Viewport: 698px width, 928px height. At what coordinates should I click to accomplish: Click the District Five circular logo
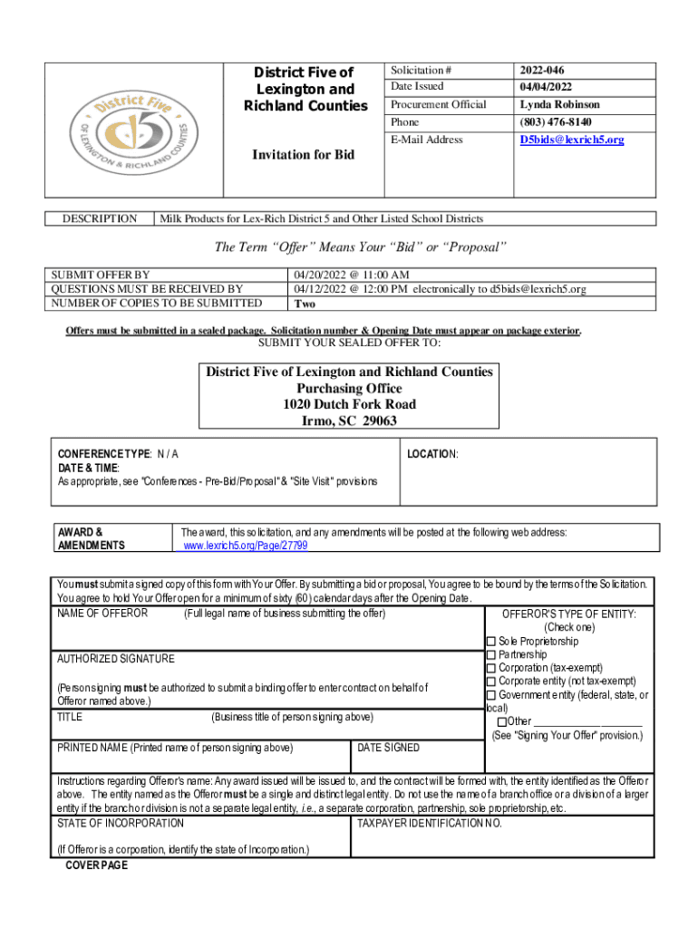(136, 130)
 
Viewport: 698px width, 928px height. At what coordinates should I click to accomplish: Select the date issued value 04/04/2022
(546, 86)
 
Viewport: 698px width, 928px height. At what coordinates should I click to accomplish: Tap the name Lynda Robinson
(559, 104)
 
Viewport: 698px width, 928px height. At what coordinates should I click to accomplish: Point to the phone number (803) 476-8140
(555, 121)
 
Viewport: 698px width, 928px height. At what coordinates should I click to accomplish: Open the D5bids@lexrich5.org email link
(571, 140)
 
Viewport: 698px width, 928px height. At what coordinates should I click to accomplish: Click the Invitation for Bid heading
(303, 155)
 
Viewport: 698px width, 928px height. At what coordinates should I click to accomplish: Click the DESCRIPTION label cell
(100, 218)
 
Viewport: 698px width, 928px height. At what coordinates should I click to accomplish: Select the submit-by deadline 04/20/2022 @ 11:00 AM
(351, 275)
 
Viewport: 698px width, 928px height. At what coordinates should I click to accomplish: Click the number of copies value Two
(305, 304)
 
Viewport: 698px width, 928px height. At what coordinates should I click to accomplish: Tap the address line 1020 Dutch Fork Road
(349, 404)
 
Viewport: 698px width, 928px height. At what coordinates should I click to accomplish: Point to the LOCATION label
(432, 453)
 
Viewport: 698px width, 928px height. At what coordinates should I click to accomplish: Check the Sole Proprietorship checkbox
(491, 642)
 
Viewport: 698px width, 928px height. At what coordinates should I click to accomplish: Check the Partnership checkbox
(491, 654)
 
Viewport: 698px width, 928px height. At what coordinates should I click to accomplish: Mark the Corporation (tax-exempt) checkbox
(491, 668)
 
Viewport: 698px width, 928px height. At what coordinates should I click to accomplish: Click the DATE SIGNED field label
(388, 748)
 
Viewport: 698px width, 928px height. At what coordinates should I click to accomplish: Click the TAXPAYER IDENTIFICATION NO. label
(429, 823)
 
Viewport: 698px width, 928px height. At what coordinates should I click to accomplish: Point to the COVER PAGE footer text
(97, 865)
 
